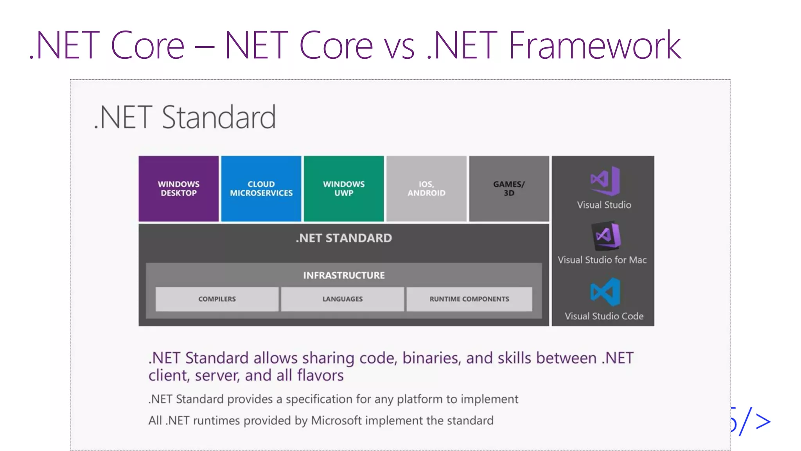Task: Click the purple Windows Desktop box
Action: tap(178, 188)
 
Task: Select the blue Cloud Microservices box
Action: tap(261, 188)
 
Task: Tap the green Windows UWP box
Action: tap(343, 188)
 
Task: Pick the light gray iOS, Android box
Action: tap(426, 188)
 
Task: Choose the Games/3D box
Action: tap(509, 188)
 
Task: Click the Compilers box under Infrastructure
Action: tap(217, 299)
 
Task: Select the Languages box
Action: tap(342, 299)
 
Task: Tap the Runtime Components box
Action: tap(469, 299)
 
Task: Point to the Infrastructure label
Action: tap(344, 275)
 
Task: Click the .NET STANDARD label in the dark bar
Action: tap(344, 238)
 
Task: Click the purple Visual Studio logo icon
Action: tap(605, 181)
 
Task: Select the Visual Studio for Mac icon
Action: tap(606, 236)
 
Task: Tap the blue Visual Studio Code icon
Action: tap(605, 292)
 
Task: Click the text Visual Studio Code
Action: tap(603, 316)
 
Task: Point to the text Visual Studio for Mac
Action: tap(602, 260)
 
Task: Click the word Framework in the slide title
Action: tap(594, 46)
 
